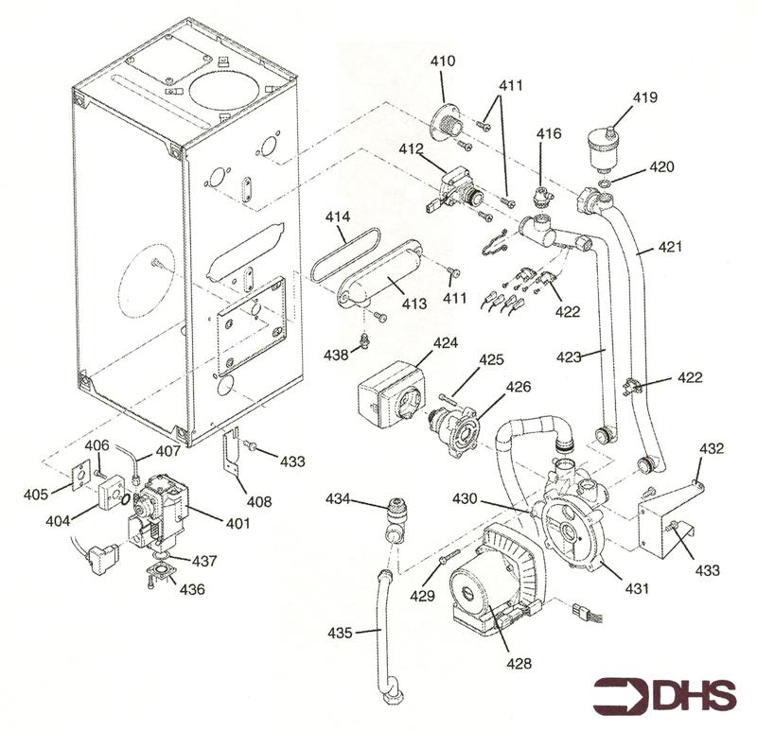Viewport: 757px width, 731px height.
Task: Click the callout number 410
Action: point(443,61)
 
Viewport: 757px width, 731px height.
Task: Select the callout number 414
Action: point(339,217)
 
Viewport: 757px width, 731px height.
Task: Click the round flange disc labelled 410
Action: point(443,124)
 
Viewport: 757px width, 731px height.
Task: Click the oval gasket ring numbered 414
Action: point(336,256)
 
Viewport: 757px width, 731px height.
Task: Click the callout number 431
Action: point(637,588)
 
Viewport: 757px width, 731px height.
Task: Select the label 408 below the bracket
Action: point(258,501)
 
